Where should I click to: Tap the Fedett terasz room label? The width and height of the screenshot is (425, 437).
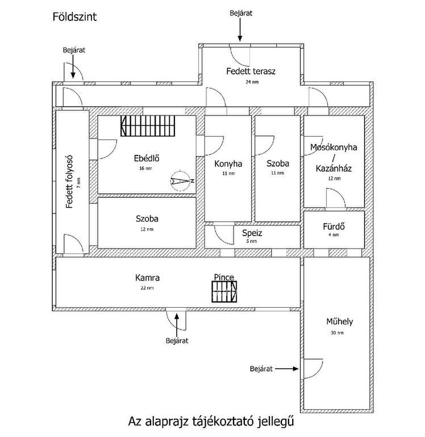click(x=251, y=72)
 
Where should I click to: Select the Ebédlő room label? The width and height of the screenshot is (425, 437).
click(x=146, y=159)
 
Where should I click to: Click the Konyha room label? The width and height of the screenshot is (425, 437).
click(x=228, y=164)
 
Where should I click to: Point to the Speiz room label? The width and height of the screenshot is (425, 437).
click(x=252, y=233)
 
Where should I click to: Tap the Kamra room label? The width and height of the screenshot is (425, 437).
click(x=147, y=278)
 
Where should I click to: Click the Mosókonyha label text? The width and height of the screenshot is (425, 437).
click(x=334, y=147)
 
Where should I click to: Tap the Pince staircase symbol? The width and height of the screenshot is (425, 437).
click(x=224, y=293)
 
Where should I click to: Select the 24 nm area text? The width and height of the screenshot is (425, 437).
click(x=251, y=82)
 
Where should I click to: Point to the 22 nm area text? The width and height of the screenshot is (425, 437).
click(x=147, y=288)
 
